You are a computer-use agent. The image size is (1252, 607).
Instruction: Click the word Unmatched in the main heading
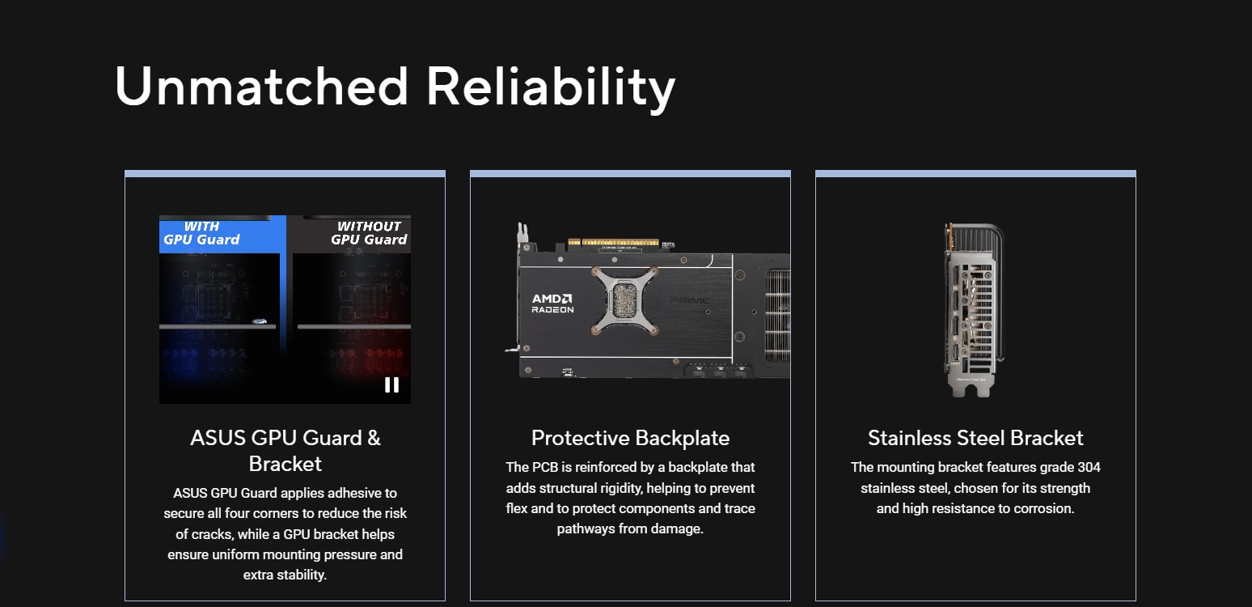point(261,86)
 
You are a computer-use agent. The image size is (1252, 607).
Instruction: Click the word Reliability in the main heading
point(551,87)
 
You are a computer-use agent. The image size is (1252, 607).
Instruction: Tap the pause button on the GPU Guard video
point(391,385)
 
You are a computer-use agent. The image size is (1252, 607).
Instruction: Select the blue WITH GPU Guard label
point(201,233)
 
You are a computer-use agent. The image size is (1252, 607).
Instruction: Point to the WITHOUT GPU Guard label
point(369,233)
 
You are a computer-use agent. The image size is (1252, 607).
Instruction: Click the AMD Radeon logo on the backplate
point(552,303)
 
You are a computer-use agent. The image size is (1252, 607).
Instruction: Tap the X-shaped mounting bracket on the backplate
point(624,300)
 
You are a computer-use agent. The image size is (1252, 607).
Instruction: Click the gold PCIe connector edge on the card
point(613,242)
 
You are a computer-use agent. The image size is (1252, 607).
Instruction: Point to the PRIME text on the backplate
point(690,300)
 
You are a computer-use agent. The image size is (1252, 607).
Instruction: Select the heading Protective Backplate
point(631,438)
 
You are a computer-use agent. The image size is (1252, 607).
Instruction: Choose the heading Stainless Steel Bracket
point(975,438)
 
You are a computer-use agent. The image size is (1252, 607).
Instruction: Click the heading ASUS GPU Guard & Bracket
point(285,450)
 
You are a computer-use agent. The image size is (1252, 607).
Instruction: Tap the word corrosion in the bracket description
point(1044,508)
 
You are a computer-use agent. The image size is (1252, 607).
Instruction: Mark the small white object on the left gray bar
point(260,321)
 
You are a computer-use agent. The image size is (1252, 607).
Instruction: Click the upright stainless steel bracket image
point(974,310)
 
